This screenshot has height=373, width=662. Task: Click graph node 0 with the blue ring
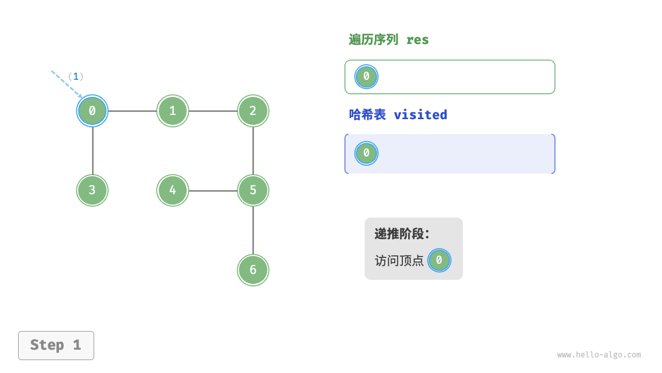(x=93, y=111)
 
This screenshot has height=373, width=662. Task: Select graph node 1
(x=173, y=111)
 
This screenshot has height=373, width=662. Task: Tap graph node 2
(x=253, y=111)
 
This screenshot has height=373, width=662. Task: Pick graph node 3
(x=93, y=190)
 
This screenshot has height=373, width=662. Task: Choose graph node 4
(x=173, y=190)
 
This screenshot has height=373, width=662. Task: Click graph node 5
(x=253, y=190)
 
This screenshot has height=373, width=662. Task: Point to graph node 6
(x=253, y=270)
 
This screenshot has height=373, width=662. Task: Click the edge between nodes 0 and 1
(x=132, y=111)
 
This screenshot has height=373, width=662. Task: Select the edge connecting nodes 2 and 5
(x=253, y=150)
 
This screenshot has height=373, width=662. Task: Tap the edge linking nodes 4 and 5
(x=213, y=191)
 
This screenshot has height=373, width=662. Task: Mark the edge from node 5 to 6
(x=253, y=230)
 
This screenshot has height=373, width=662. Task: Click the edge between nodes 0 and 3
(x=93, y=150)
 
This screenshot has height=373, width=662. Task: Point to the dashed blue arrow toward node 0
(x=66, y=83)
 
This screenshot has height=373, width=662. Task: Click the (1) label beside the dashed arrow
(x=76, y=77)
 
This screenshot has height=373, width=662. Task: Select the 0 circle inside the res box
(x=366, y=77)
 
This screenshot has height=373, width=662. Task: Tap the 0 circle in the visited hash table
(x=366, y=153)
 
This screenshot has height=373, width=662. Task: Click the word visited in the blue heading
(x=420, y=114)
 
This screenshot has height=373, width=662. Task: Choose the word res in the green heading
(x=417, y=40)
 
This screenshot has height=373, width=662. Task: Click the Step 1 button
(x=56, y=345)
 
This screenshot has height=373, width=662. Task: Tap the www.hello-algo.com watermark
(x=599, y=355)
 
